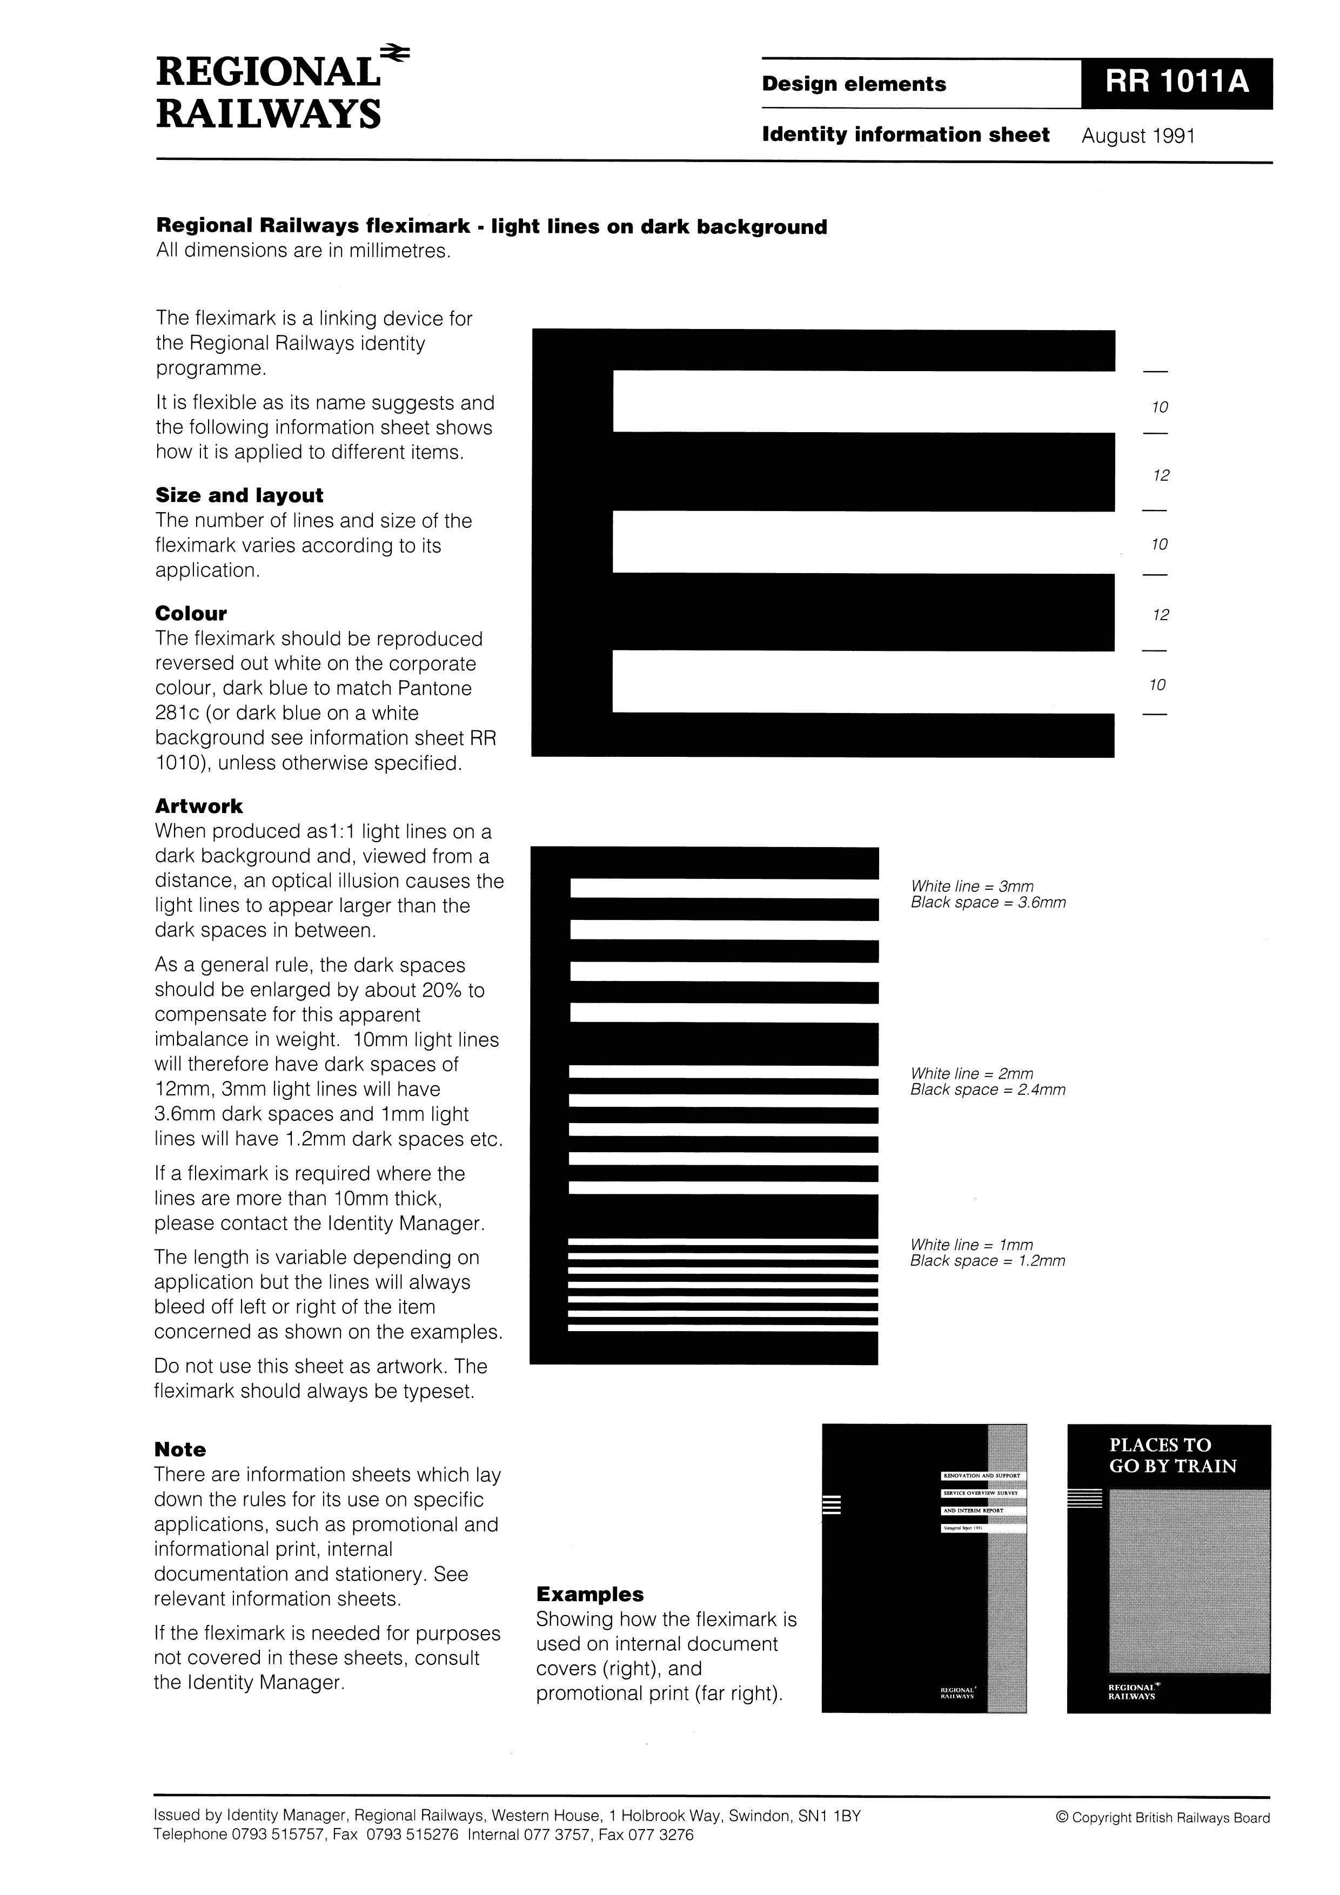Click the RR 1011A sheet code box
pos(1176,83)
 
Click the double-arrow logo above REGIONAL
pos(394,53)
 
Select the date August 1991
pos(1138,136)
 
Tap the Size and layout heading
pos(239,495)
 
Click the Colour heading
pos(191,613)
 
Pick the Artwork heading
pos(199,807)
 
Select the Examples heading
pos(589,1594)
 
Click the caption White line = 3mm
pos(971,886)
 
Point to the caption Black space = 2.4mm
pos(988,1090)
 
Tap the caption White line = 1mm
pos(971,1245)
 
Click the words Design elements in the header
pos(854,84)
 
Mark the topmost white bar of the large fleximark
pos(863,401)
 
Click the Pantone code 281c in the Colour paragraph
pos(176,713)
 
